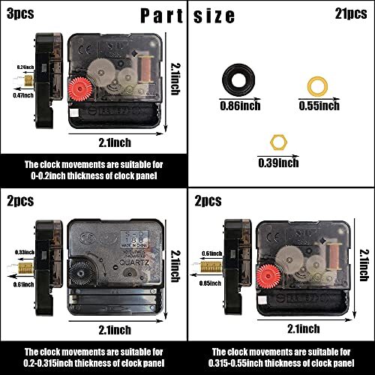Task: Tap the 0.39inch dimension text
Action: [x=278, y=162]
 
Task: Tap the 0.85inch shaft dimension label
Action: [x=211, y=283]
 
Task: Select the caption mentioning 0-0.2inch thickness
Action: [x=93, y=169]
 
